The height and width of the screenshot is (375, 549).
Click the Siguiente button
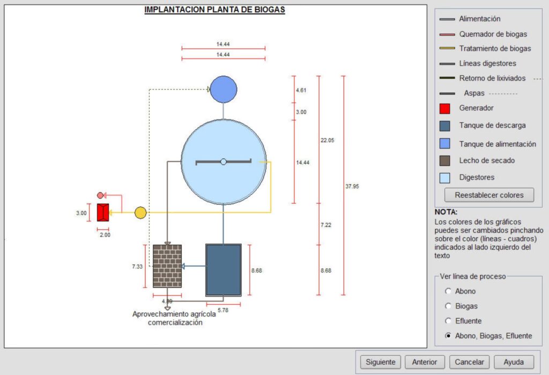tap(380, 362)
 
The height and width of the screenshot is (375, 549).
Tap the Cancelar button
tap(469, 362)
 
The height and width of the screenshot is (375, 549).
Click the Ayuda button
tap(514, 362)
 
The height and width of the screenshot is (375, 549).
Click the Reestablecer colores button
tap(489, 195)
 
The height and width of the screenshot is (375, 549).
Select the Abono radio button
tap(448, 291)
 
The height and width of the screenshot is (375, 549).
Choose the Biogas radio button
tap(448, 306)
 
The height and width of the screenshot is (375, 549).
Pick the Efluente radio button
tap(448, 321)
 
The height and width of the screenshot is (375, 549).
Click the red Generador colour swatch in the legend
tap(444, 108)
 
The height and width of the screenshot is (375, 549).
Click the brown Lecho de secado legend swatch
tap(444, 160)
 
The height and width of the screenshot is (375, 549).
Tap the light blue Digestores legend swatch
tap(444, 178)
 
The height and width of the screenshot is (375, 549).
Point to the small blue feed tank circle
tap(223, 89)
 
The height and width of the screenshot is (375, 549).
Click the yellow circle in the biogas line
tap(140, 212)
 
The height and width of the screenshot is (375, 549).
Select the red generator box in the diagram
tap(103, 212)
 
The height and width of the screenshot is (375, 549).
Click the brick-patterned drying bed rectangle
tap(167, 266)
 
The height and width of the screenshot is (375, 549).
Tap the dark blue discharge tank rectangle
tap(224, 270)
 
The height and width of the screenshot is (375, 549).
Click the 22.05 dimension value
tap(327, 140)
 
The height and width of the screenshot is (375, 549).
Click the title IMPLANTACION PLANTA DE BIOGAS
tap(214, 10)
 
